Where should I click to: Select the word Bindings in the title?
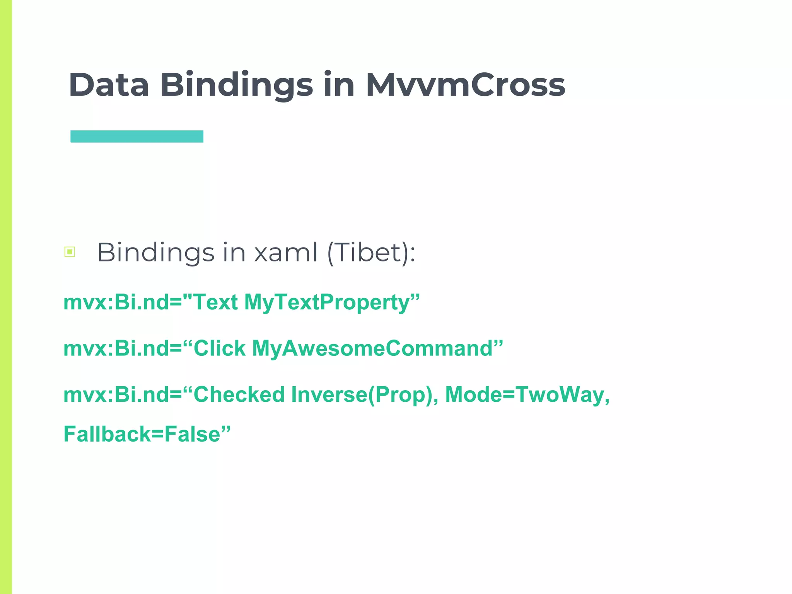click(x=236, y=85)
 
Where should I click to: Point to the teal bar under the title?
click(x=137, y=137)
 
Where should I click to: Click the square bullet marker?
click(x=70, y=252)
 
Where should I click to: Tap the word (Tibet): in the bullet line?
click(x=371, y=253)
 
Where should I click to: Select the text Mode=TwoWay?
click(x=527, y=395)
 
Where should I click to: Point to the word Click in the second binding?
click(x=219, y=348)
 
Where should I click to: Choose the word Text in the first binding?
click(x=215, y=302)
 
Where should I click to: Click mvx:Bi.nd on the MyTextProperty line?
click(x=116, y=302)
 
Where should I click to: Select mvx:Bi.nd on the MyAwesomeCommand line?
click(x=116, y=348)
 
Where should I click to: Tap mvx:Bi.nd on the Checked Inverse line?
click(x=116, y=395)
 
